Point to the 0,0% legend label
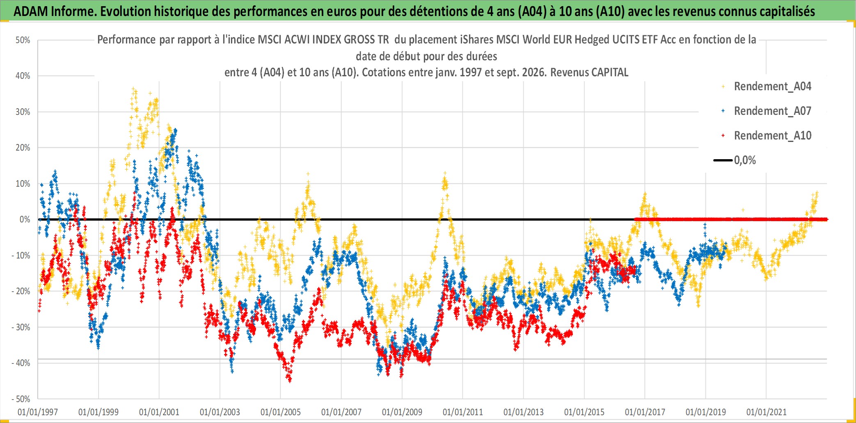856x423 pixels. click(745, 160)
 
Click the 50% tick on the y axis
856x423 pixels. click(23, 40)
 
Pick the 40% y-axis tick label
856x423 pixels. click(23, 76)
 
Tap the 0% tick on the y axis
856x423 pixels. click(25, 220)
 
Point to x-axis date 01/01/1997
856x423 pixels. click(38, 412)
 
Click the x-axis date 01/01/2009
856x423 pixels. click(402, 412)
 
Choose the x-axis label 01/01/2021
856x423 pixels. click(766, 412)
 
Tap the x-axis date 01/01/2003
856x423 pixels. click(220, 412)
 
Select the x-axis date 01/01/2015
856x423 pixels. click(584, 412)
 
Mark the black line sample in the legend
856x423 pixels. click(723, 160)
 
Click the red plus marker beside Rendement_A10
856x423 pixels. click(723, 135)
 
